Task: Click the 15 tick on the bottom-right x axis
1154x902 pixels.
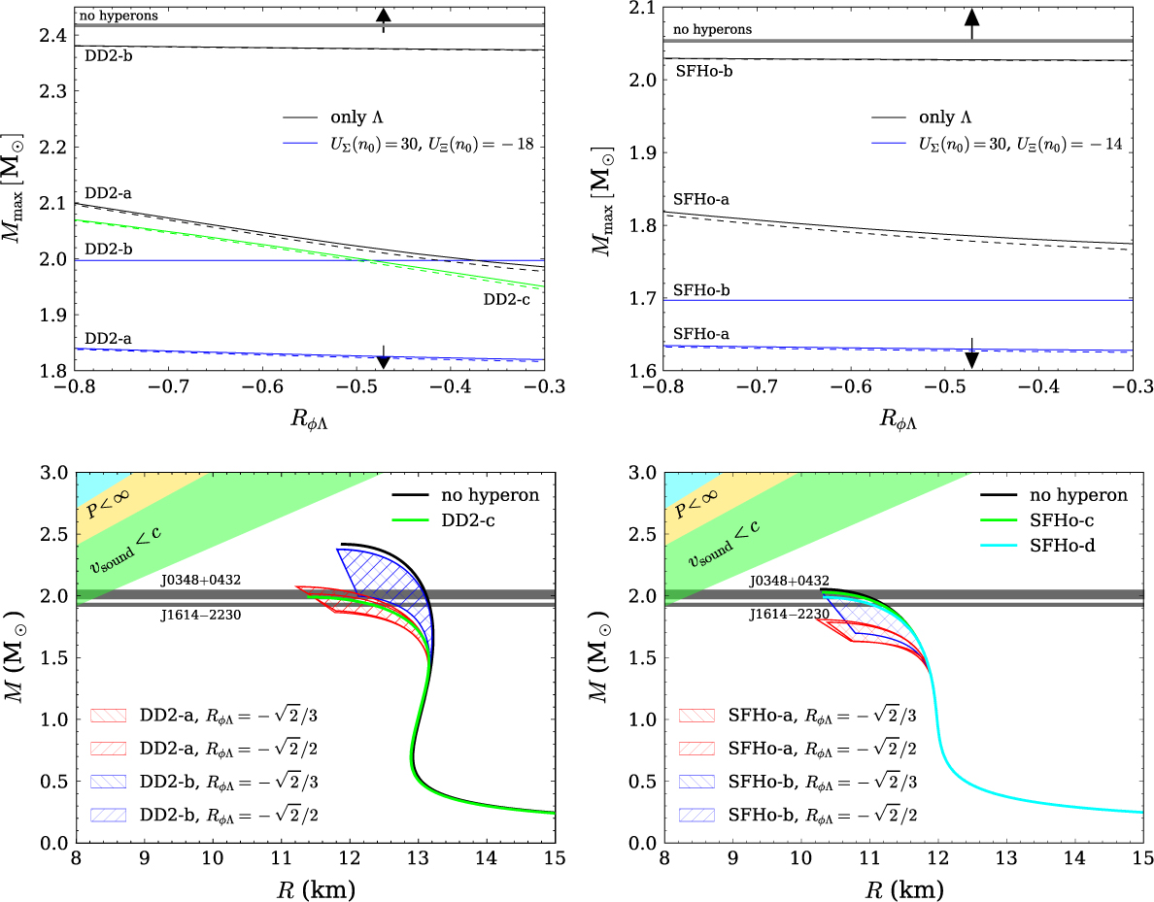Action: pyautogui.click(x=1141, y=858)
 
